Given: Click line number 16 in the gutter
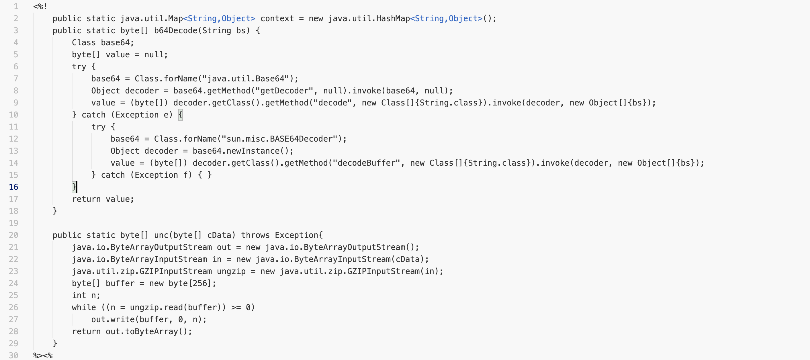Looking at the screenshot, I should coord(13,187).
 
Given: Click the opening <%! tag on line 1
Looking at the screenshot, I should coord(40,6).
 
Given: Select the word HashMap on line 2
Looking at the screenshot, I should coord(393,19).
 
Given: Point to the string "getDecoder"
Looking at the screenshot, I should coord(284,91).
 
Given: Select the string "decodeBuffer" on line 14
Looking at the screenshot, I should coord(366,163).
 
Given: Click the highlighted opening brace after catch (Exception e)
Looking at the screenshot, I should coord(181,115).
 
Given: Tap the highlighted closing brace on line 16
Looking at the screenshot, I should coord(74,187).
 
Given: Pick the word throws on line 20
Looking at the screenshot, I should coord(255,235).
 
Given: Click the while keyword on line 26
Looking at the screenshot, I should coord(84,308).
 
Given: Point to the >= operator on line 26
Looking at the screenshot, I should coord(236,308).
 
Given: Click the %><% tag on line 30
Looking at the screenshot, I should coord(43,356).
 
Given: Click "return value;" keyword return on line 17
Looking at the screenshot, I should coord(86,199).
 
